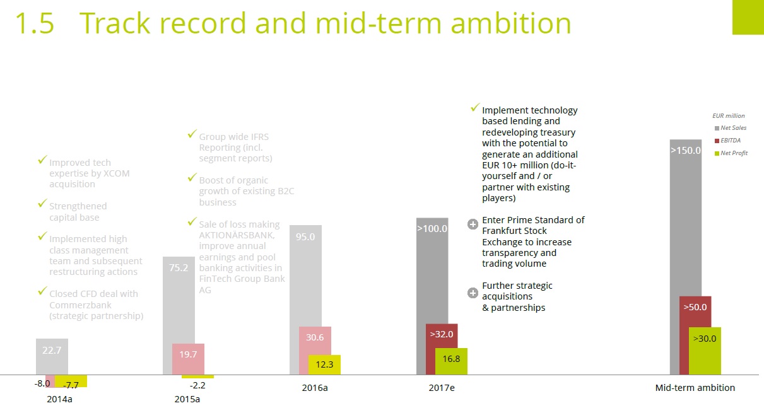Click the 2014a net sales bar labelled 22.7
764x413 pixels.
coord(52,356)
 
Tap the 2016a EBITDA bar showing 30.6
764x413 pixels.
coord(315,350)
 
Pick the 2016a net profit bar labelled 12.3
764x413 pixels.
coord(324,365)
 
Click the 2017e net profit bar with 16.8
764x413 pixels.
coord(451,361)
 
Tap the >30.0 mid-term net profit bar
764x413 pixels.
coord(705,351)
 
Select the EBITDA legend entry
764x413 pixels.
coord(731,141)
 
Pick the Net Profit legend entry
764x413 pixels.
coord(733,153)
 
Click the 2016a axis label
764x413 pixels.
coord(315,388)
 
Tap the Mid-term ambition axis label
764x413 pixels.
coord(695,388)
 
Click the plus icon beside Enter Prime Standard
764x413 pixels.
coord(473,224)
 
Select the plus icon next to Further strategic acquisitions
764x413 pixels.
coord(473,293)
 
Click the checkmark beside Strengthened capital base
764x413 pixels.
coord(42,204)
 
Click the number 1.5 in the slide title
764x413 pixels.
coord(35,23)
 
